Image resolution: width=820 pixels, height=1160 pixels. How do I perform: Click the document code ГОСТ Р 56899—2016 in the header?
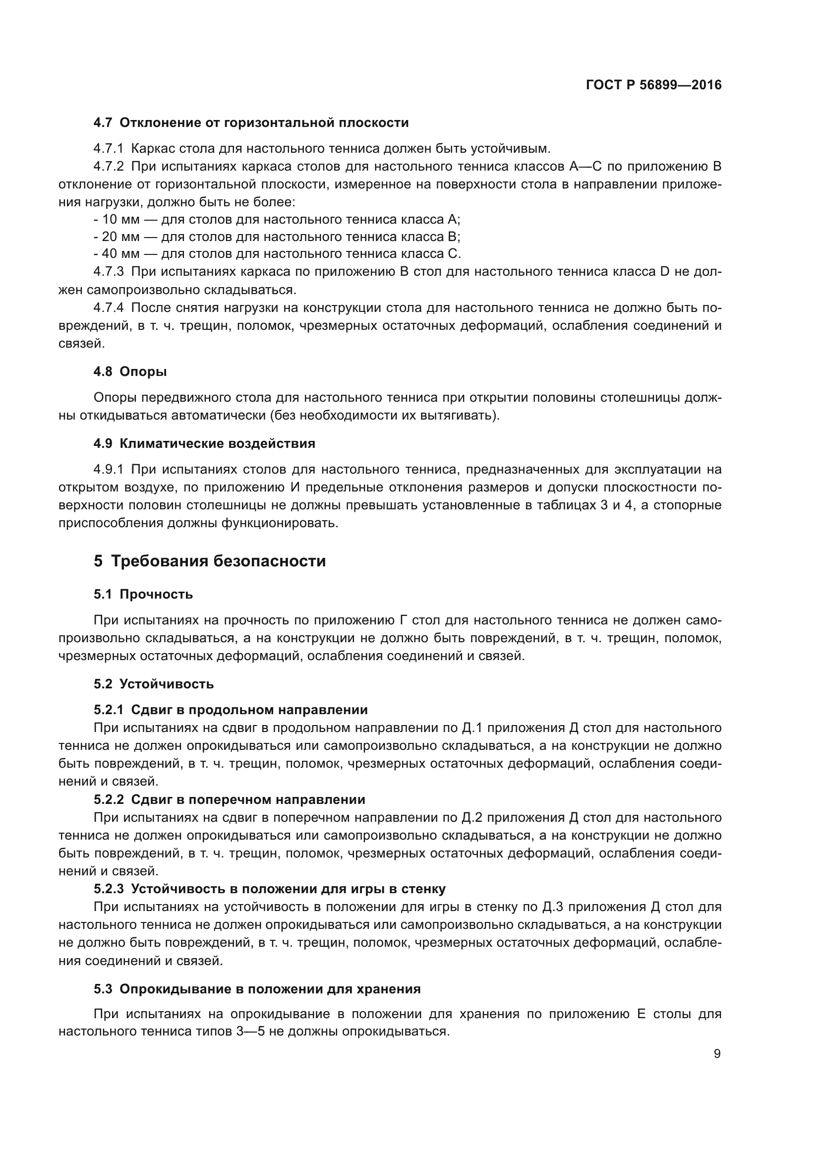click(653, 85)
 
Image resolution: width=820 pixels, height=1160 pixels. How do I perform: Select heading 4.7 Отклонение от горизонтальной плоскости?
click(251, 123)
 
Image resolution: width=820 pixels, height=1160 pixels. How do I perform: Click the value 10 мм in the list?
click(120, 219)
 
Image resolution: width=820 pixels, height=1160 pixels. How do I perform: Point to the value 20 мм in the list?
click(120, 237)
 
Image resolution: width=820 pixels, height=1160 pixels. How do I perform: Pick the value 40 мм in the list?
click(120, 253)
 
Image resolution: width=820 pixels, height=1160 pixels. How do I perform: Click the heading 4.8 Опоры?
click(130, 371)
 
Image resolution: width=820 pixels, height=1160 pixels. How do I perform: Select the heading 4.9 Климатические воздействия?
click(204, 443)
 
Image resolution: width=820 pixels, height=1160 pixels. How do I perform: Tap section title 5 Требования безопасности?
click(210, 561)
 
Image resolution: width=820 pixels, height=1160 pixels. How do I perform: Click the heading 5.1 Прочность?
click(143, 594)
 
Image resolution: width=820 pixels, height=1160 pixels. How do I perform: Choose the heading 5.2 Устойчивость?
click(154, 684)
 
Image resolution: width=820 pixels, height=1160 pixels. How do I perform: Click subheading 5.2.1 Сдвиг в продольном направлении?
click(230, 710)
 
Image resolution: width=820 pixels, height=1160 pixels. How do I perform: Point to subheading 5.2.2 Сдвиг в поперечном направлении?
click(229, 800)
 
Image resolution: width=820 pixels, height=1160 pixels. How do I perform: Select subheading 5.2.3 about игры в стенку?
click(269, 889)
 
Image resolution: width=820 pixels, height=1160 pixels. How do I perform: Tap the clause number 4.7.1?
click(109, 149)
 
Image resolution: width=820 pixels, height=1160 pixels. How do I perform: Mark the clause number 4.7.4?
click(109, 307)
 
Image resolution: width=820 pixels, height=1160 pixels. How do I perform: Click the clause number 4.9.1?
click(109, 469)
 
